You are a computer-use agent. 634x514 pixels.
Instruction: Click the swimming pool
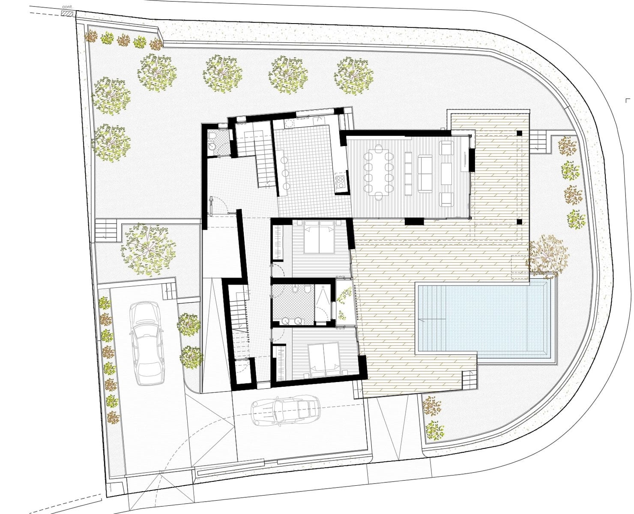(484, 319)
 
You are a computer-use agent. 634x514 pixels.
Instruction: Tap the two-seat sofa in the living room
(425, 173)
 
